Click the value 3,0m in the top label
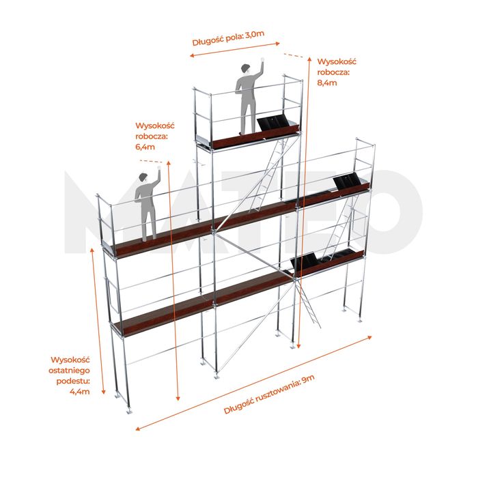coord(255,34)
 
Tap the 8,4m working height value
coord(327,83)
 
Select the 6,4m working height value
coord(145,147)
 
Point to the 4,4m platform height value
coord(80,391)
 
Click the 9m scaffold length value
coord(308,380)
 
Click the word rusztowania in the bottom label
coord(277,392)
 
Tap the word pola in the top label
coord(236,38)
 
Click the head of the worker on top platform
coord(246,68)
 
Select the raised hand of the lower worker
coord(159,168)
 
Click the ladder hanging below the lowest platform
coord(308,303)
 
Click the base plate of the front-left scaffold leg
coord(128,411)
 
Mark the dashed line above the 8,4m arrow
coord(294,56)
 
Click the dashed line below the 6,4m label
coord(151,162)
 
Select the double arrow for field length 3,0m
coord(235,50)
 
